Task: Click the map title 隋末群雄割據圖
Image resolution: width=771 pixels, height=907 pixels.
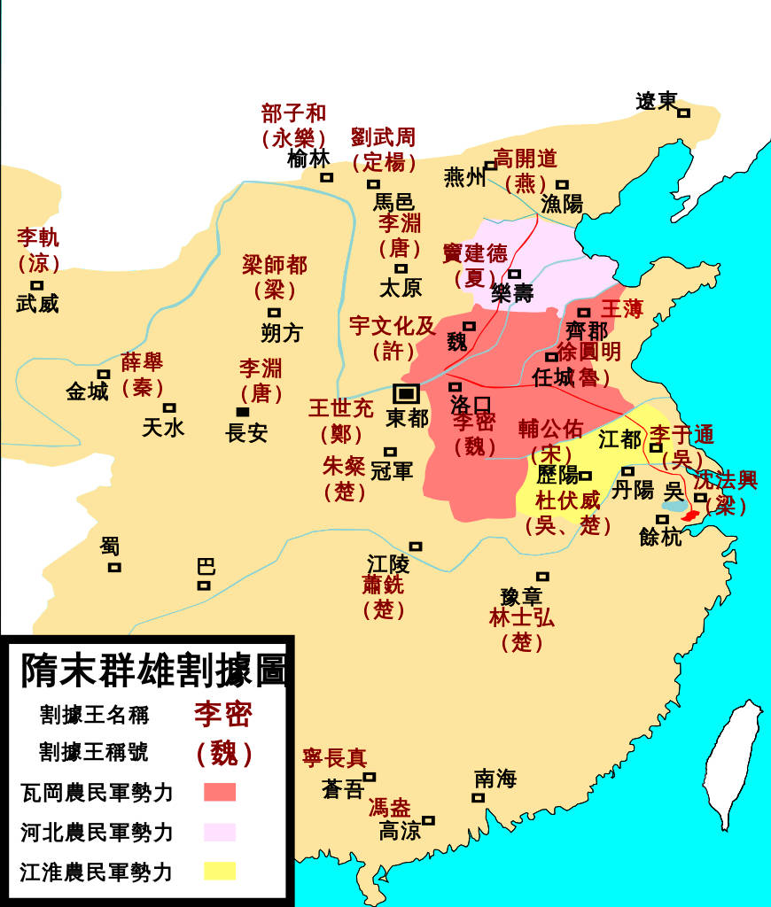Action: (152, 670)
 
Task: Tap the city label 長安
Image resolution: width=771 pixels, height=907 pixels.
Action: (247, 434)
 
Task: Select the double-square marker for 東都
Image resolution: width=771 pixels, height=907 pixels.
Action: (407, 393)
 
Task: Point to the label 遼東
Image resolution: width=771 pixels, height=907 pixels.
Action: (657, 102)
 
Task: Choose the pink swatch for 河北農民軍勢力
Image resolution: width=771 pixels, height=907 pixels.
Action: (219, 832)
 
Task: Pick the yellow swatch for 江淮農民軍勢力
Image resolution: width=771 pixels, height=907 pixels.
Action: (219, 872)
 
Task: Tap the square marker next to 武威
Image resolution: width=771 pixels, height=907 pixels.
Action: (36, 285)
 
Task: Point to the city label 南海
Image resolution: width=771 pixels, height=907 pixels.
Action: (495, 779)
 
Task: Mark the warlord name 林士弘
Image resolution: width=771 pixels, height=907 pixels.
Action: (522, 618)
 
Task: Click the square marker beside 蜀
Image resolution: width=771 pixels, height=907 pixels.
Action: (114, 567)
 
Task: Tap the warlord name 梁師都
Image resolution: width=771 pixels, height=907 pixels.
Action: (275, 265)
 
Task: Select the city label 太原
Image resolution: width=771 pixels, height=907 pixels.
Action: (401, 288)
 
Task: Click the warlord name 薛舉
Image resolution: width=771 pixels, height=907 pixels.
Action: (143, 362)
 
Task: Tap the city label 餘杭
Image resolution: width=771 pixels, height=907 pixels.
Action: (661, 536)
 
